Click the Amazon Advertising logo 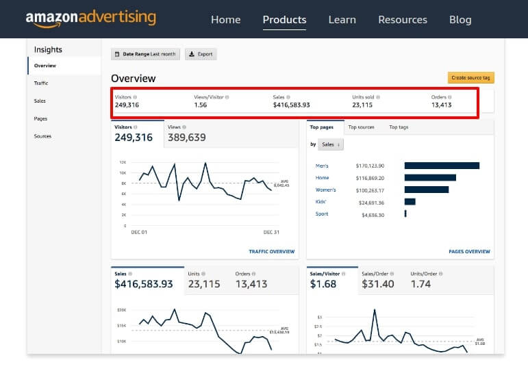(90, 18)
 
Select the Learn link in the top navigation (342, 20)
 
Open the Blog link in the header (460, 20)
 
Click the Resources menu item (402, 20)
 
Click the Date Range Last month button (145, 54)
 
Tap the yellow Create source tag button (470, 78)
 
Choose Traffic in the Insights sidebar (41, 83)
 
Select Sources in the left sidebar (42, 136)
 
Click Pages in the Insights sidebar (41, 118)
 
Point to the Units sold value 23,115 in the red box (362, 105)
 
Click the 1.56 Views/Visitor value (201, 105)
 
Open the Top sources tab (361, 127)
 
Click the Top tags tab (399, 127)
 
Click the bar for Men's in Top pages (442, 166)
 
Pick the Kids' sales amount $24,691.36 (370, 203)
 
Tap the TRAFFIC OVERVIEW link (271, 252)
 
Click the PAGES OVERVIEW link (469, 252)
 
